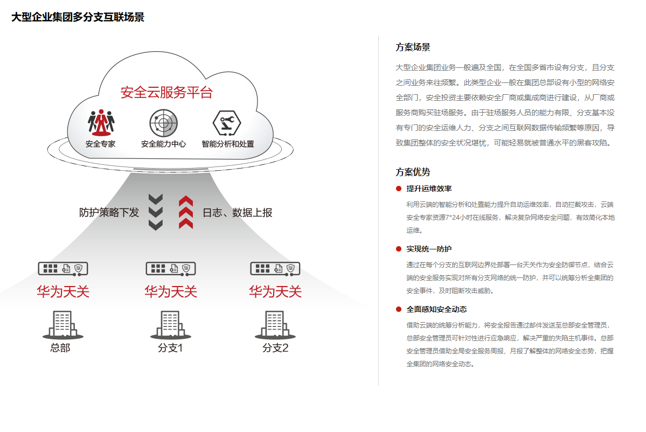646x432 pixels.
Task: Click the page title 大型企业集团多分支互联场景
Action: (78, 17)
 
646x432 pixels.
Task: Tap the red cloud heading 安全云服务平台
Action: (166, 92)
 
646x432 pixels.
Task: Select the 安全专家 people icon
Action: (101, 123)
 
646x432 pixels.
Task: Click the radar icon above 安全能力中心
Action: (163, 123)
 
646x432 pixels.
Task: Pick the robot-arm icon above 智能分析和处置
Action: (227, 123)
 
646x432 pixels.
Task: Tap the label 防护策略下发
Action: (109, 213)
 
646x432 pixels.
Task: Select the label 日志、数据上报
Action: (237, 213)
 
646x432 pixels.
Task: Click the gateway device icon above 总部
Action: (63, 268)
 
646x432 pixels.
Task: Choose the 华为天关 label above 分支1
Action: (171, 292)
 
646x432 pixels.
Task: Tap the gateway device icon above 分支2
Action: (275, 268)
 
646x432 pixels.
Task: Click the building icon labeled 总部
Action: (63, 325)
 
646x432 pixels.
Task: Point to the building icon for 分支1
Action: (171, 325)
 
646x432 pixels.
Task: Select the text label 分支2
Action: (275, 348)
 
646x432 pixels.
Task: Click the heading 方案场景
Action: (413, 47)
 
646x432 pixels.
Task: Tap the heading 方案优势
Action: (413, 172)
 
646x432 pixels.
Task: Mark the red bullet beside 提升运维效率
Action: (399, 189)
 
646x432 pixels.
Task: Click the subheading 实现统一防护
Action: (429, 249)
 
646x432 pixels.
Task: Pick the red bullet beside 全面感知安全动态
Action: (399, 309)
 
